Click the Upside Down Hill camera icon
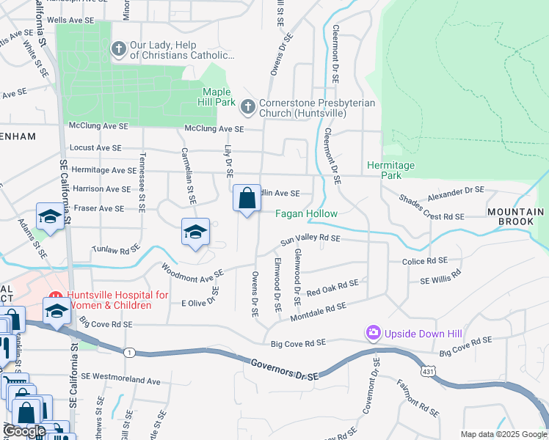374,334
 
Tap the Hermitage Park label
390,170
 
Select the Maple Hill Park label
218,96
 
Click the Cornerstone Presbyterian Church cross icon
248,107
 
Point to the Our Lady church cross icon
119,49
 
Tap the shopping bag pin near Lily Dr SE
247,198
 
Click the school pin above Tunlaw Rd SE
196,232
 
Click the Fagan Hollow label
307,214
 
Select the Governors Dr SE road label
285,369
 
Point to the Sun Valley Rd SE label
310,239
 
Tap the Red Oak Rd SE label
332,287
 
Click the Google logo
26,430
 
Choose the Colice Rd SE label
425,260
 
